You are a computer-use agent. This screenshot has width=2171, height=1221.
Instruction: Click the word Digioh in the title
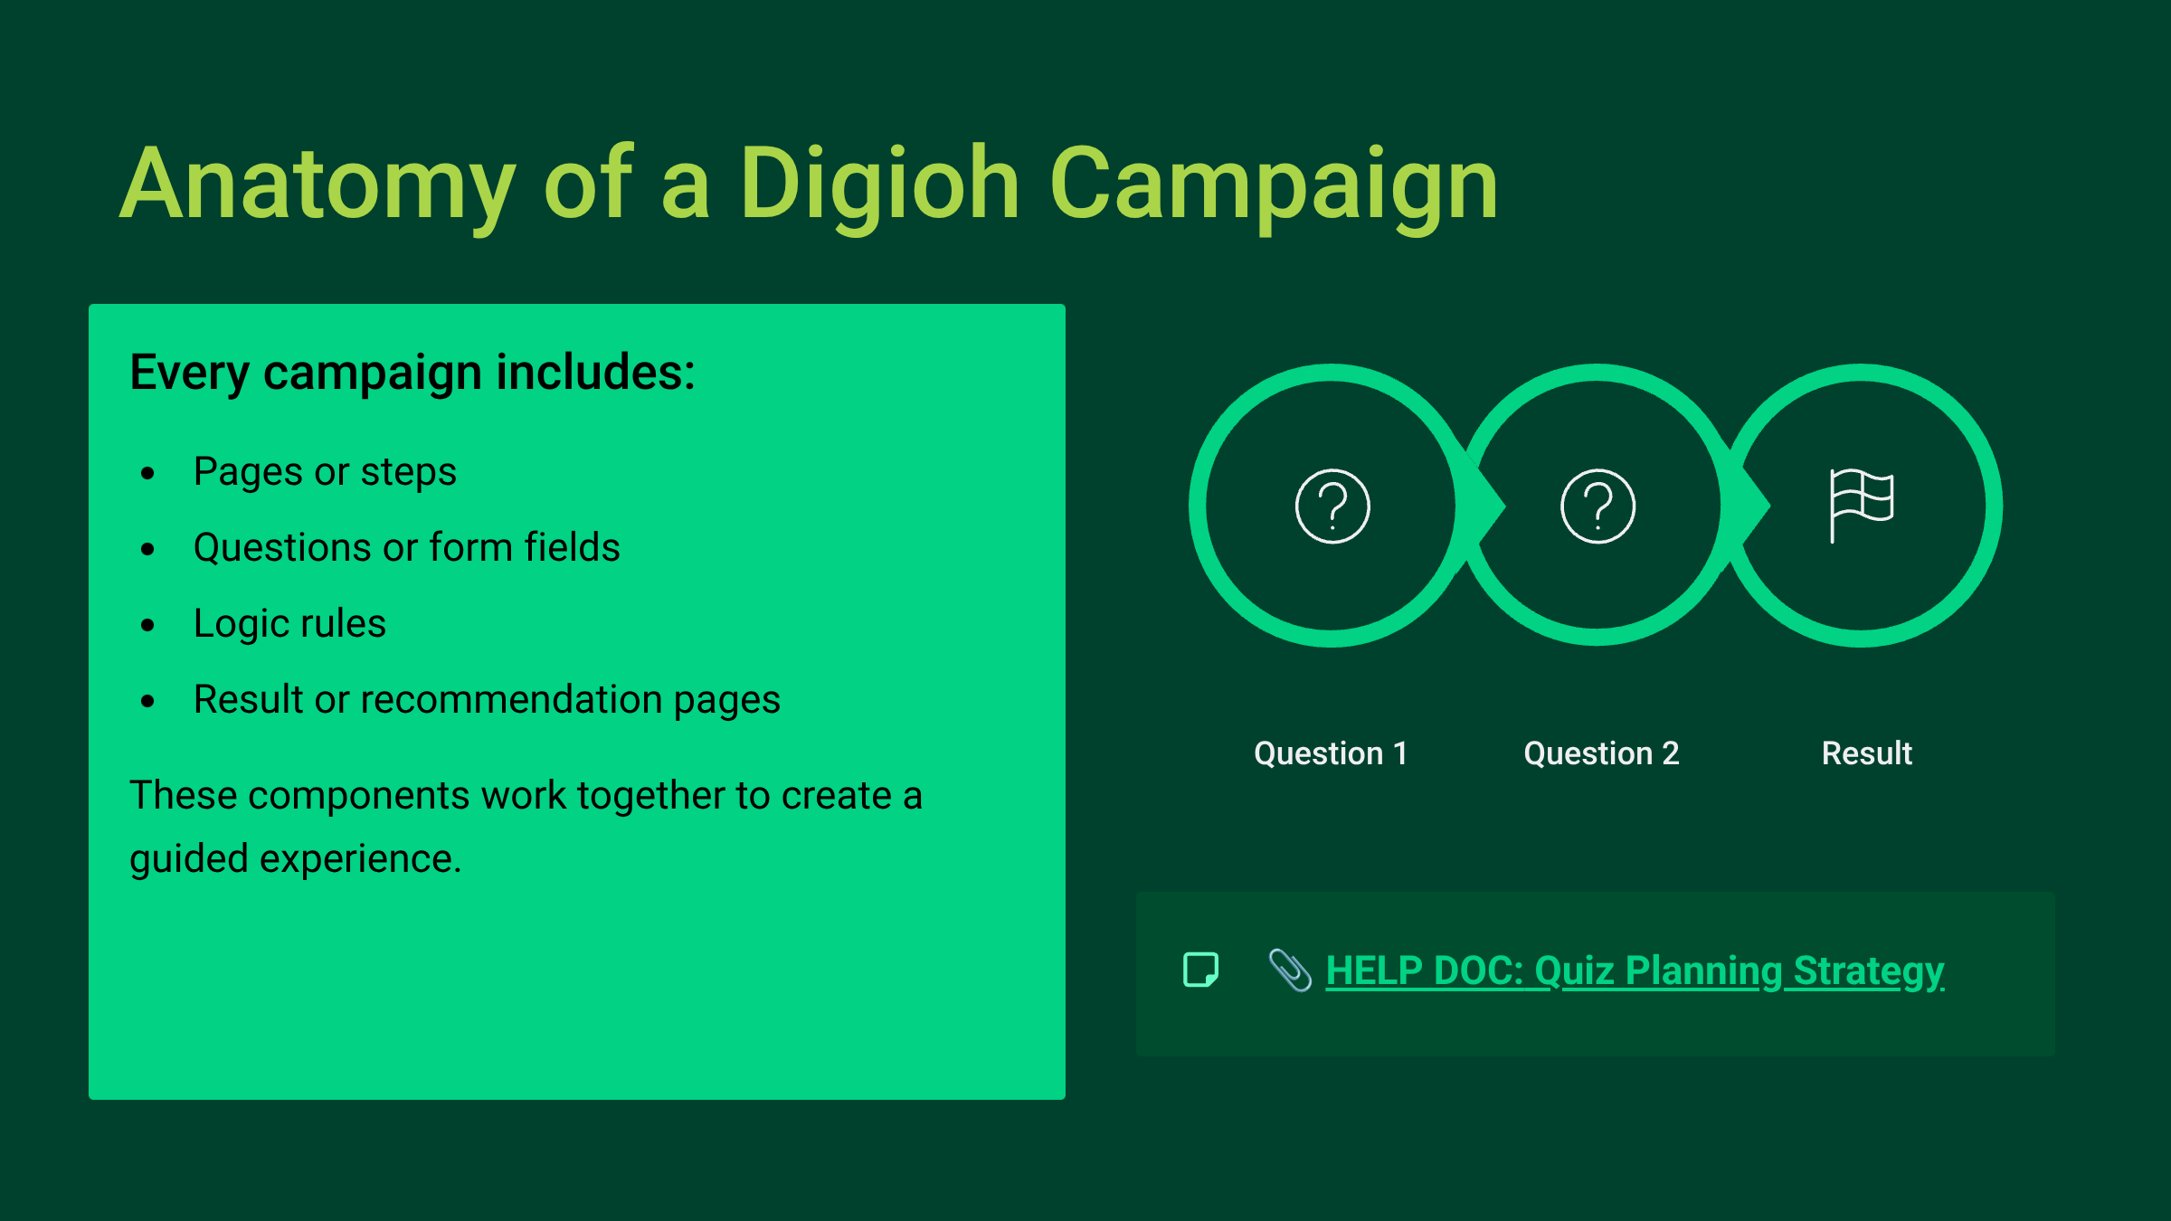[880, 185]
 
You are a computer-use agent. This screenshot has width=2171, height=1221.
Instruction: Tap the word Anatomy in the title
[318, 185]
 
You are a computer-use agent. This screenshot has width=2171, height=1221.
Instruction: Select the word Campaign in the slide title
[1274, 185]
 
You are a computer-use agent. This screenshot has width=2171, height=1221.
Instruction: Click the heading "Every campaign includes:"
[412, 373]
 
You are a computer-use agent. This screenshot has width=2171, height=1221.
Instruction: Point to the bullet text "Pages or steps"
[325, 472]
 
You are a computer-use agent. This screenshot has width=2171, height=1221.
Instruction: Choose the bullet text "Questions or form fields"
[407, 547]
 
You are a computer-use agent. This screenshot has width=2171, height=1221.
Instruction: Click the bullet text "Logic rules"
[289, 624]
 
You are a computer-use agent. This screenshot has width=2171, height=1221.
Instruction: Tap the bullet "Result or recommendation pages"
[487, 700]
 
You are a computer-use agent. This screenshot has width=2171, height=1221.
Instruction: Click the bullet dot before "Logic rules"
[148, 625]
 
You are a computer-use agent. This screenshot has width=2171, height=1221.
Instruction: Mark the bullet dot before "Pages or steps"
[148, 473]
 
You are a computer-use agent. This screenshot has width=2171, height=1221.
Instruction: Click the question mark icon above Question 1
[1332, 506]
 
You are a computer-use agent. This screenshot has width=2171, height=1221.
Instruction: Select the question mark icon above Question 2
[1597, 506]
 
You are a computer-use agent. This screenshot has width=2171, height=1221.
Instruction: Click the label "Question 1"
[1331, 753]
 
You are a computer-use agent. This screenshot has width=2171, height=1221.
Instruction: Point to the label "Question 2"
[1601, 753]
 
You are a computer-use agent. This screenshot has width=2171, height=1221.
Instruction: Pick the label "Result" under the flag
[1867, 753]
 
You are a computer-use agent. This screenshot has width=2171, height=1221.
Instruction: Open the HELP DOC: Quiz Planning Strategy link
[1635, 971]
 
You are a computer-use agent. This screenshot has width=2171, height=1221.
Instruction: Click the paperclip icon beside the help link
[1290, 970]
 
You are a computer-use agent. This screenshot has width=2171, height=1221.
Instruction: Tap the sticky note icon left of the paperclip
[1201, 970]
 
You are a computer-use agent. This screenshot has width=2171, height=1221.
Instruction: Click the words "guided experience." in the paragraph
[296, 859]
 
